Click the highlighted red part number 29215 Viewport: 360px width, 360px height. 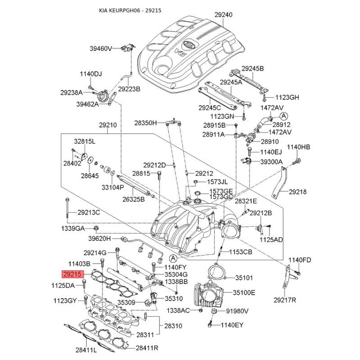point(72,274)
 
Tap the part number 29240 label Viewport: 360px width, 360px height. point(223,15)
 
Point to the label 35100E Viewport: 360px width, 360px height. point(244,293)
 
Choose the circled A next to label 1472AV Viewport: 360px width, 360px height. point(284,116)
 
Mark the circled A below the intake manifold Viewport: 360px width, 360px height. point(173,258)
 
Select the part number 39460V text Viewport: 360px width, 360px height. point(100,49)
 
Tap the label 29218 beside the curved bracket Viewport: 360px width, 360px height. point(297,192)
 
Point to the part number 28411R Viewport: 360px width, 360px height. point(147,348)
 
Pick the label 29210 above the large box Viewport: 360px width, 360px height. point(108,125)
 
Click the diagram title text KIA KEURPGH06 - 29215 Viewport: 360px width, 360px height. point(130,10)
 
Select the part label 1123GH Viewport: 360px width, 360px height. point(287,98)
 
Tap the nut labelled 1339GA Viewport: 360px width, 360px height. point(96,229)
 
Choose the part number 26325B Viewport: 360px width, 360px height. point(134,199)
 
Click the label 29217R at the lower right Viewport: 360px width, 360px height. point(285,300)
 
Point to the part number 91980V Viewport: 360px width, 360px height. point(238,311)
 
